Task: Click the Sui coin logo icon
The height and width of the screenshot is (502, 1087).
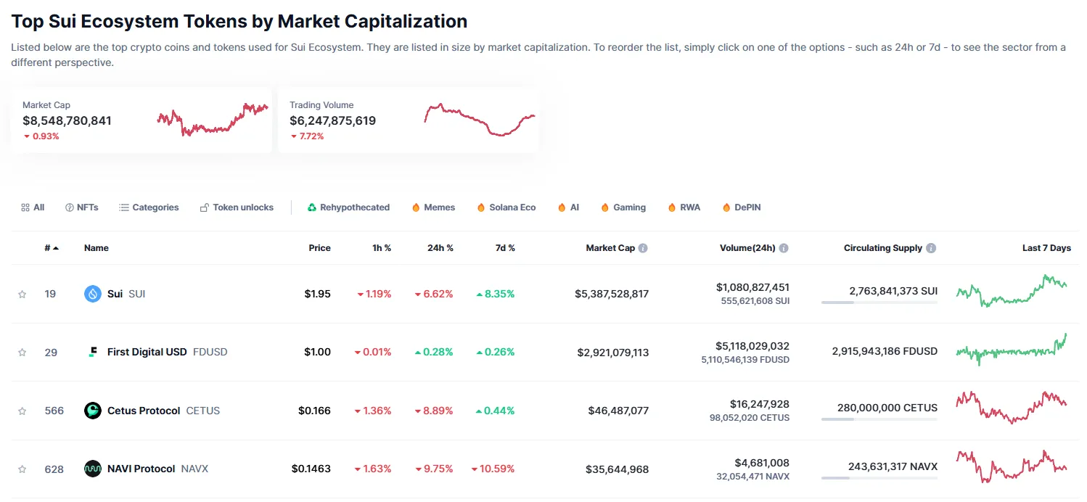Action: pyautogui.click(x=93, y=294)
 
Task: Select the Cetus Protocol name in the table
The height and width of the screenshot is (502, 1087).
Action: pyautogui.click(x=143, y=411)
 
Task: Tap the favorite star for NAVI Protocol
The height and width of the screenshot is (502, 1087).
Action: pyautogui.click(x=22, y=469)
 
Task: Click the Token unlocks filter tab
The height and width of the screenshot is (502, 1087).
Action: pyautogui.click(x=237, y=207)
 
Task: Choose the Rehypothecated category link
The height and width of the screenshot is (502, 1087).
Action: pyautogui.click(x=348, y=207)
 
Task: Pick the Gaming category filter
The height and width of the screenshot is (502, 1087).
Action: pyautogui.click(x=623, y=207)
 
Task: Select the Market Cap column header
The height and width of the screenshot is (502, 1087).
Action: pyautogui.click(x=610, y=248)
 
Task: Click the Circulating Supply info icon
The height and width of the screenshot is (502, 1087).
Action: pyautogui.click(x=931, y=248)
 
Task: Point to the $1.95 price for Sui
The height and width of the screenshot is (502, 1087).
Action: pyautogui.click(x=317, y=294)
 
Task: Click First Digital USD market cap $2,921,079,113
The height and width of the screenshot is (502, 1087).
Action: pyautogui.click(x=612, y=353)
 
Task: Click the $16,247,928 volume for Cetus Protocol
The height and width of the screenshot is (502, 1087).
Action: pyautogui.click(x=759, y=404)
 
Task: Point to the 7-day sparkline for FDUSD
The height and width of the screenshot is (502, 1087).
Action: pyautogui.click(x=1012, y=350)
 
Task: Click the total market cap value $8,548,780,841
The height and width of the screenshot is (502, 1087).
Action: pyautogui.click(x=67, y=120)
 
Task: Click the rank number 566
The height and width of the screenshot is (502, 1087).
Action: pyautogui.click(x=54, y=411)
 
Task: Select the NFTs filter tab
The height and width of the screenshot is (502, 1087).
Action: pyautogui.click(x=81, y=207)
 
